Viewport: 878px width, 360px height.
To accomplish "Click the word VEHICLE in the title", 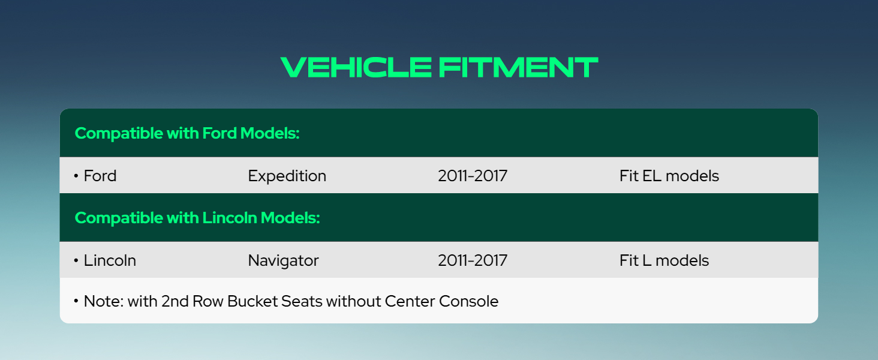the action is tap(356, 67).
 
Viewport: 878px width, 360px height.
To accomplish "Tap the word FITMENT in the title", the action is tap(518, 67).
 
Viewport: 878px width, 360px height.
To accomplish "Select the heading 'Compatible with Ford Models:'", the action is tap(187, 133).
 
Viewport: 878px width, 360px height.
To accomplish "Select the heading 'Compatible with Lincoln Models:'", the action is tap(197, 218).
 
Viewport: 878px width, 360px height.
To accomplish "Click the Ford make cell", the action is tap(100, 176).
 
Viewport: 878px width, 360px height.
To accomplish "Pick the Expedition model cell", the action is tap(287, 176).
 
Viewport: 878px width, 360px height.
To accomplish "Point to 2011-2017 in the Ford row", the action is tap(473, 176).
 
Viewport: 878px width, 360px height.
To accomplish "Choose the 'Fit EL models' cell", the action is tap(669, 176).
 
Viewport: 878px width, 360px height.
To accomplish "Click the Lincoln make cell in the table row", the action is tap(110, 260).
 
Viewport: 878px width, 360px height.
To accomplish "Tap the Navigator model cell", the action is tap(284, 261).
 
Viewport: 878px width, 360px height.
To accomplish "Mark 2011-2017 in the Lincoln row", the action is tap(473, 260).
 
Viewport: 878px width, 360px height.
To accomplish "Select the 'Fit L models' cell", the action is tap(664, 260).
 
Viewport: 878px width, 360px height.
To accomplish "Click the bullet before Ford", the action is tap(76, 176).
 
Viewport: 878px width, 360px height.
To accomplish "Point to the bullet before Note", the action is tap(76, 301).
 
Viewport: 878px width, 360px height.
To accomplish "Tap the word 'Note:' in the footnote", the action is tap(104, 301).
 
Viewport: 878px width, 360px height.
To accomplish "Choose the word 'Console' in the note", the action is tap(468, 301).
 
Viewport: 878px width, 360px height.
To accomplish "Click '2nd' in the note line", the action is tap(175, 301).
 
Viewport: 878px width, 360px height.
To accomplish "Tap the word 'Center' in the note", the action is tap(410, 301).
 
